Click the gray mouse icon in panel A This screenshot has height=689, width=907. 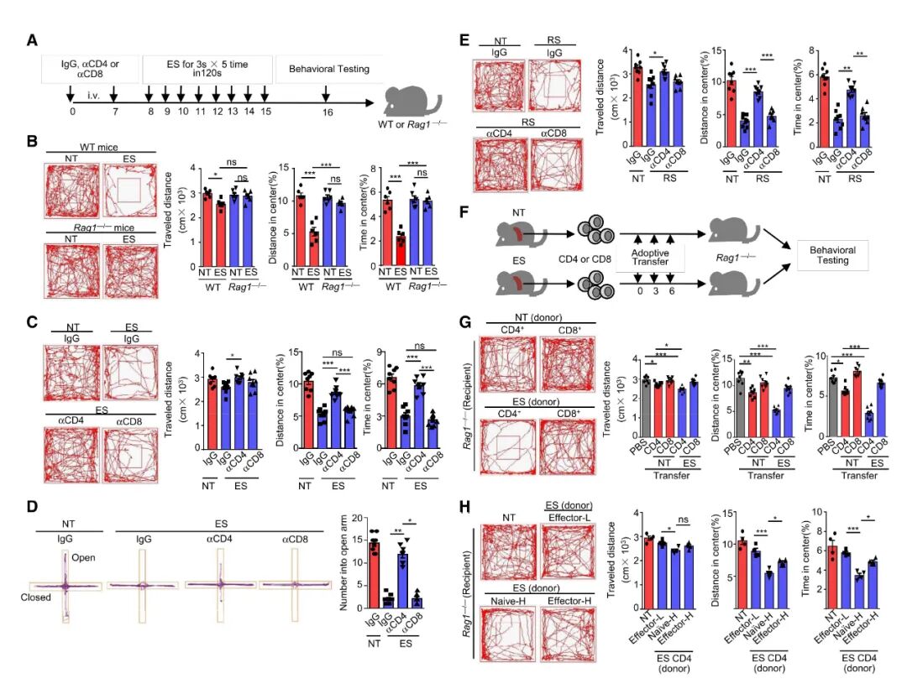[x=412, y=99]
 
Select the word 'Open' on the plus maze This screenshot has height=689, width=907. [x=88, y=557]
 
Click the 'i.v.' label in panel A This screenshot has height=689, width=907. [x=92, y=96]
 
